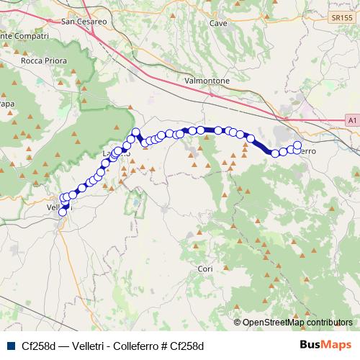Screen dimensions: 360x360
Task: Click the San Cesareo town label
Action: pos(84,22)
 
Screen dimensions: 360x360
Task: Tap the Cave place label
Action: pos(217,23)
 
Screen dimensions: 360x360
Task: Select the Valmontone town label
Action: pos(207,81)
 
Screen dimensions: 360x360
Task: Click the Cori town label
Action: pos(205,269)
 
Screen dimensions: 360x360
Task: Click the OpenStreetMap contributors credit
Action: pos(297,323)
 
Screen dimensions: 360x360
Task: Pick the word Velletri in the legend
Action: pos(81,345)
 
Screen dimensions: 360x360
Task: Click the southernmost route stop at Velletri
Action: pos(62,212)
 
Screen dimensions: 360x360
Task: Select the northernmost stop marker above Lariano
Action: pos(135,132)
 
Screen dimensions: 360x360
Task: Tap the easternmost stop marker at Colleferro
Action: pos(297,145)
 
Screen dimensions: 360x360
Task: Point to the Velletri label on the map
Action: pos(56,207)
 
